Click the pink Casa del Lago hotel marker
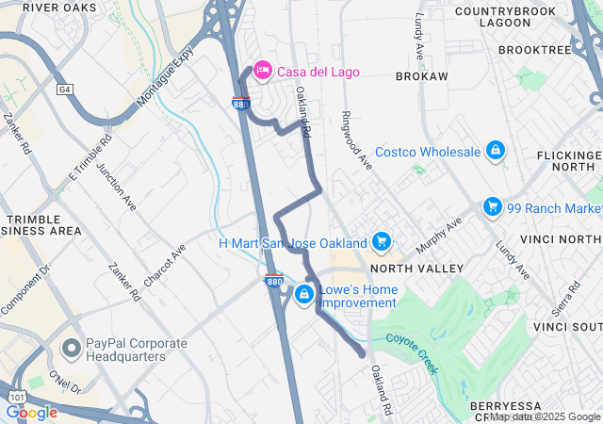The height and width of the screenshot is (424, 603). point(261,72)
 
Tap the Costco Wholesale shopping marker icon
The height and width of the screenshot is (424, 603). point(495,151)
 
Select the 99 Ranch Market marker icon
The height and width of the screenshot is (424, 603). point(491,206)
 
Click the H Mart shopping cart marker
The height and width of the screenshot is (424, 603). point(381,242)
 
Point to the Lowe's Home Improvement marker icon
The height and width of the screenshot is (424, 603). point(303,296)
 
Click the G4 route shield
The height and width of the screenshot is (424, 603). point(64,90)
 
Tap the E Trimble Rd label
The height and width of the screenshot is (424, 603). point(90,157)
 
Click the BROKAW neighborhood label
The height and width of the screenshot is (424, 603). point(421,75)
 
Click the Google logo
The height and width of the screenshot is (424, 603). point(31,412)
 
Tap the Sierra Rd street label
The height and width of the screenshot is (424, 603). point(565,299)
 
